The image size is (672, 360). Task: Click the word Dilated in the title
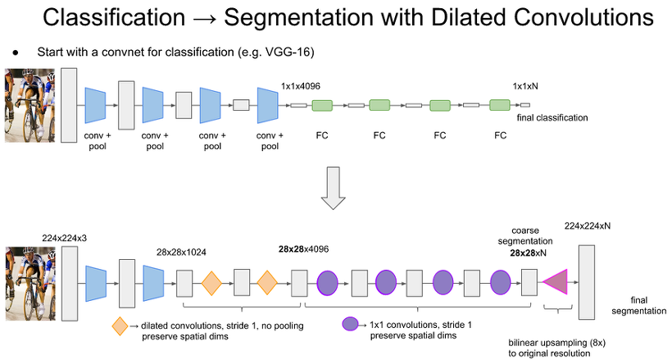[x=468, y=17]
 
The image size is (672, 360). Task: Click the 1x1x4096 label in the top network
[x=301, y=86]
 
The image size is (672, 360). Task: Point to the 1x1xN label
[x=525, y=86]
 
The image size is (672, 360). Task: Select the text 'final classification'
[x=552, y=117]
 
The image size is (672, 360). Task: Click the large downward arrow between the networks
[x=333, y=188]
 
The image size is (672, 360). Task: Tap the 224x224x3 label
[x=64, y=238]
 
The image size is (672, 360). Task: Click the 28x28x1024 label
[x=181, y=253]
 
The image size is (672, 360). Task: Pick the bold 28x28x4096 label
[x=303, y=249]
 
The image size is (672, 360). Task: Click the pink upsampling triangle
[x=558, y=282]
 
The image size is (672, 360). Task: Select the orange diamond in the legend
[x=120, y=326]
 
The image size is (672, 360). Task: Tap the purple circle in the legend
[x=351, y=324]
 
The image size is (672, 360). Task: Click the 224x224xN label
[x=587, y=226]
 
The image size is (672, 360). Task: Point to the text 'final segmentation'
[x=638, y=306]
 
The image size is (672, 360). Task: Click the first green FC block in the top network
[x=322, y=105]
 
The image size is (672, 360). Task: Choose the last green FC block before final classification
[x=500, y=105]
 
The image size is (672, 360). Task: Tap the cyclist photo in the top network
[x=30, y=106]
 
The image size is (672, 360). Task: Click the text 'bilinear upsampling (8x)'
[x=556, y=343]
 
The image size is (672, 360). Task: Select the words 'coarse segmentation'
[x=525, y=236]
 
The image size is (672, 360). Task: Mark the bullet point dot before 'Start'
[x=16, y=52]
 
